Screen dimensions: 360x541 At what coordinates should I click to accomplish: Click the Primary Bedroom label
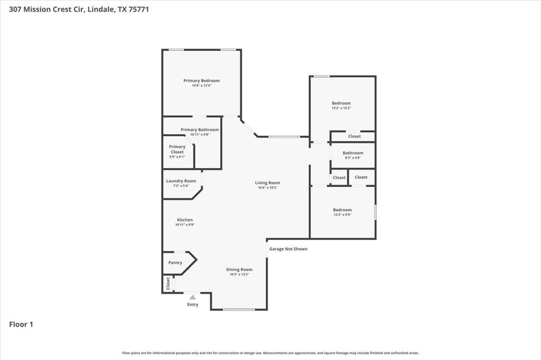point(201,81)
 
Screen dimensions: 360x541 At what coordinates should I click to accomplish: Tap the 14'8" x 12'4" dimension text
point(201,86)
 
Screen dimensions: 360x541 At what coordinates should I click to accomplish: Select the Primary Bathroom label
point(200,130)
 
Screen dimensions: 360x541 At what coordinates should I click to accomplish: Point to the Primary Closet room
point(177,151)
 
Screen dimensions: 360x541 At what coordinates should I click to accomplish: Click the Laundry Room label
point(181,181)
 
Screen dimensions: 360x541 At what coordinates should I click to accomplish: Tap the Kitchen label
point(185,220)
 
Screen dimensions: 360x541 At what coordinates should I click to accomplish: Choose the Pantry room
point(175,262)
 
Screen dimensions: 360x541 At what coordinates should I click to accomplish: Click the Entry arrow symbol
point(193,297)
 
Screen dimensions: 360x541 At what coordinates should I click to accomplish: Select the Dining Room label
point(239,269)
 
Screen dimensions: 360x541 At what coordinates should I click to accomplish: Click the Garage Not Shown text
point(288,249)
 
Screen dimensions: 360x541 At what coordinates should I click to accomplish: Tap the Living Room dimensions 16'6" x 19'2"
point(268,188)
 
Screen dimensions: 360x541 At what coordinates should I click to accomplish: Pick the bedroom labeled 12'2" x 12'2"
point(341,105)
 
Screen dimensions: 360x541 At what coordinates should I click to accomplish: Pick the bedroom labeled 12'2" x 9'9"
point(342,212)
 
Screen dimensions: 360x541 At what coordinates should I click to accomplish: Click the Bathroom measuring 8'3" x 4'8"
point(353,155)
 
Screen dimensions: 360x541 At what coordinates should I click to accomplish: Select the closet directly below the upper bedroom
point(354,136)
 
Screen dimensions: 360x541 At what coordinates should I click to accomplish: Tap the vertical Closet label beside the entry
point(168,283)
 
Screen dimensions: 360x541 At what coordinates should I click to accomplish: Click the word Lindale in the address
point(99,9)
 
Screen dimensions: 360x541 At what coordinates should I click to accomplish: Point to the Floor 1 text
point(21,325)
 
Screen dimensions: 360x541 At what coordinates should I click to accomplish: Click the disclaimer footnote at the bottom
point(270,353)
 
